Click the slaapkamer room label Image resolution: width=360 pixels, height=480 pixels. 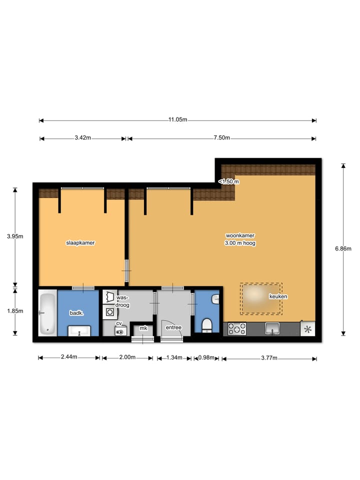(80, 242)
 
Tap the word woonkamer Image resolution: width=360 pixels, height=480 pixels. (240, 235)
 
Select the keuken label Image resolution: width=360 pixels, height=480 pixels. (278, 296)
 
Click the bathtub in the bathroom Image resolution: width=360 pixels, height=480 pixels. (47, 313)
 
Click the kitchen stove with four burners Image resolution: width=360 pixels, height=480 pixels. (237, 328)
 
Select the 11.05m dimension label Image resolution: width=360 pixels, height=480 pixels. (177, 119)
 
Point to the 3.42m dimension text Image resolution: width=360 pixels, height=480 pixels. (82, 138)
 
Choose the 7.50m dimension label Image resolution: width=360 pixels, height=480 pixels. (221, 138)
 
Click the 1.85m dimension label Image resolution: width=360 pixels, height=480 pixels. (15, 310)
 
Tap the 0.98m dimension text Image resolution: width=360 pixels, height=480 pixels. (206, 357)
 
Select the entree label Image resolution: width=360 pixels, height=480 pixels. (173, 327)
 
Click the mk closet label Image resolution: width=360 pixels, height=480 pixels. (143, 328)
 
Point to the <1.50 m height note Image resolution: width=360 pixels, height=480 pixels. (229, 181)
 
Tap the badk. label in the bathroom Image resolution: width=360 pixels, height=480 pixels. (76, 313)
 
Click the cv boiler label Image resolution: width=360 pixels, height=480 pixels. (119, 323)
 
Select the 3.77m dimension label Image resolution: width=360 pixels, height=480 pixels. (269, 357)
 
